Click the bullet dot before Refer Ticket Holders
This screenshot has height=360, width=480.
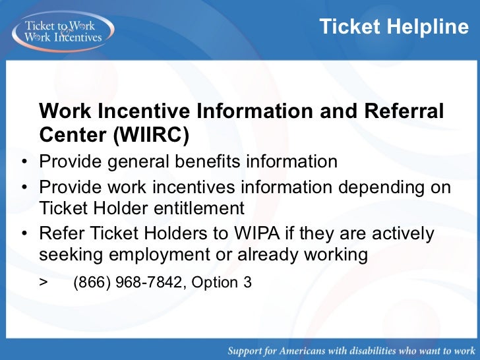[x=24, y=234]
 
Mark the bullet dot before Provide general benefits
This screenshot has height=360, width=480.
[x=24, y=162]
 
